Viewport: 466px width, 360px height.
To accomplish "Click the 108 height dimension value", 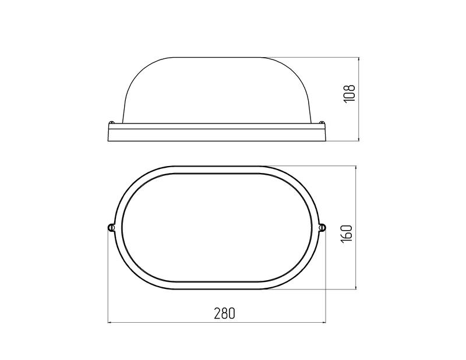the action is pos(349,94).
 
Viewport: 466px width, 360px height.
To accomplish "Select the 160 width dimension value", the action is pos(347,233).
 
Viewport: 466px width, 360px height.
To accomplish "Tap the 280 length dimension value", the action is pos(224,313).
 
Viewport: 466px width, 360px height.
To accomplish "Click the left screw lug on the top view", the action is pos(111,227).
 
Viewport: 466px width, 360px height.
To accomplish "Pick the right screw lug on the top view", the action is pos(322,227).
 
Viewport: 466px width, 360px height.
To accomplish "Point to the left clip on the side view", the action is pos(112,122).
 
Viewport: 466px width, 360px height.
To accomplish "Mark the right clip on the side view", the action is pos(322,122).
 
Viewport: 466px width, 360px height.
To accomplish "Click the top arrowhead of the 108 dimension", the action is pos(359,60).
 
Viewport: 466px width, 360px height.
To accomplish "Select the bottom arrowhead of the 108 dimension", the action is pos(359,139).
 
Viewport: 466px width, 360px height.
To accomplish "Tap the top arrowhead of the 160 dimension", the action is pos(356,168).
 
